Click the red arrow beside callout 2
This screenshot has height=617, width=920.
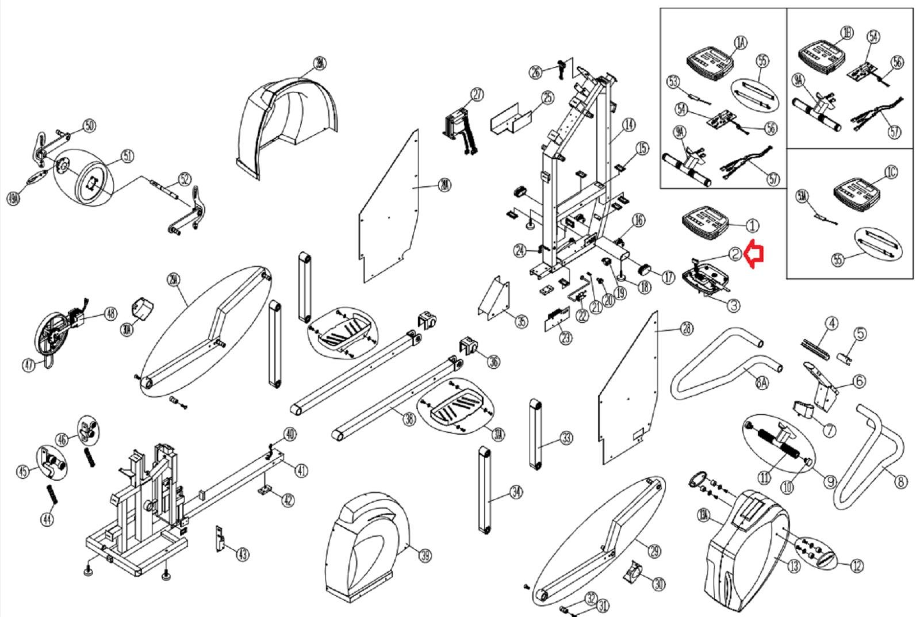[754, 255]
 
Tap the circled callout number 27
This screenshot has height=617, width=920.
[477, 94]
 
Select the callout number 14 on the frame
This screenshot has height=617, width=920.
[629, 124]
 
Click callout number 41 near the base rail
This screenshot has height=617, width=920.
[301, 470]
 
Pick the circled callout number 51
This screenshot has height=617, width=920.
[127, 156]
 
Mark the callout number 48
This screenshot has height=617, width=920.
[110, 313]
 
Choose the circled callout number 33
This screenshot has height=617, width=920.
[566, 438]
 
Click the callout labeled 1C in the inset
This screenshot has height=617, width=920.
[891, 172]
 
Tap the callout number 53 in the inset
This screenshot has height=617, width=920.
[673, 82]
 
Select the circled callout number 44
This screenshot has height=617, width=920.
[47, 519]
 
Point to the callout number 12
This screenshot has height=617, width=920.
[857, 566]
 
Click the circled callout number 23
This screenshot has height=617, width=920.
[566, 338]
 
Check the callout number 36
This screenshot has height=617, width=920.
[493, 361]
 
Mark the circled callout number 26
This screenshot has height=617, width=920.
[535, 72]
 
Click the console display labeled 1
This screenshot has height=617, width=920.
[705, 223]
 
